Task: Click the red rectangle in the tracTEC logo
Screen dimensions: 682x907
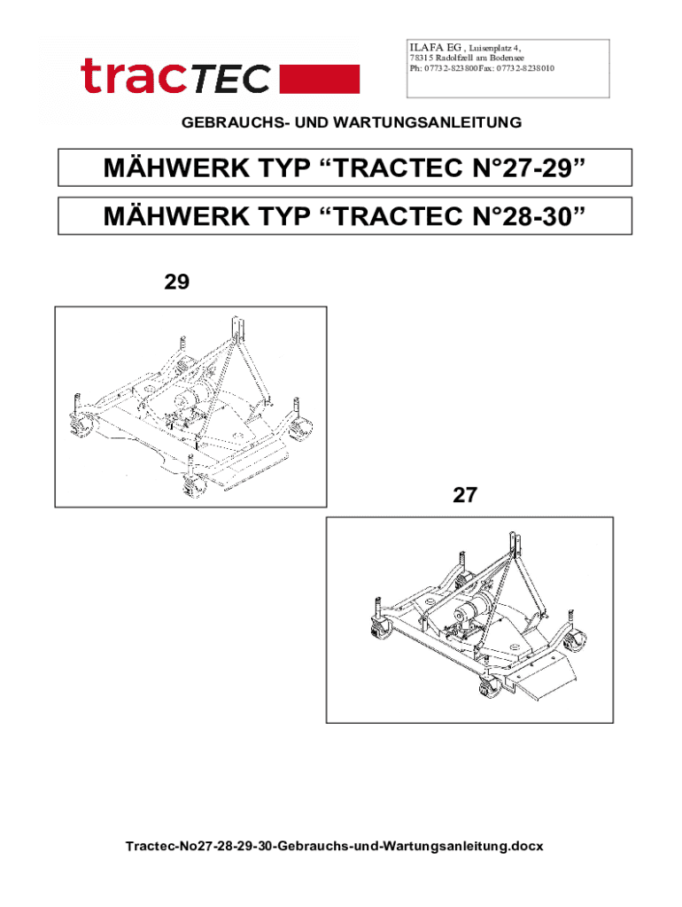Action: (320, 79)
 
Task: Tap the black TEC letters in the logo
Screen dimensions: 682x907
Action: (230, 79)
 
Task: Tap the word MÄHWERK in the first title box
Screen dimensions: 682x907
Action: (177, 167)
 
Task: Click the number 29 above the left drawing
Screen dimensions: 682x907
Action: (176, 282)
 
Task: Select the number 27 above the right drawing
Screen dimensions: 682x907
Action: (464, 495)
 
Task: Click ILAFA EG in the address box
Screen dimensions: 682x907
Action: (435, 48)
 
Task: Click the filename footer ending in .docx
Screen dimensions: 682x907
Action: (334, 846)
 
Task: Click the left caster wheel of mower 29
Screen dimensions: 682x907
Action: (80, 424)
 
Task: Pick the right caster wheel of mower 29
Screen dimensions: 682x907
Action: (299, 429)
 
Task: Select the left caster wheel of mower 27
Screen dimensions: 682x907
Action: (380, 628)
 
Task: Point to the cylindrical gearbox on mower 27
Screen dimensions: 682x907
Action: (475, 608)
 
